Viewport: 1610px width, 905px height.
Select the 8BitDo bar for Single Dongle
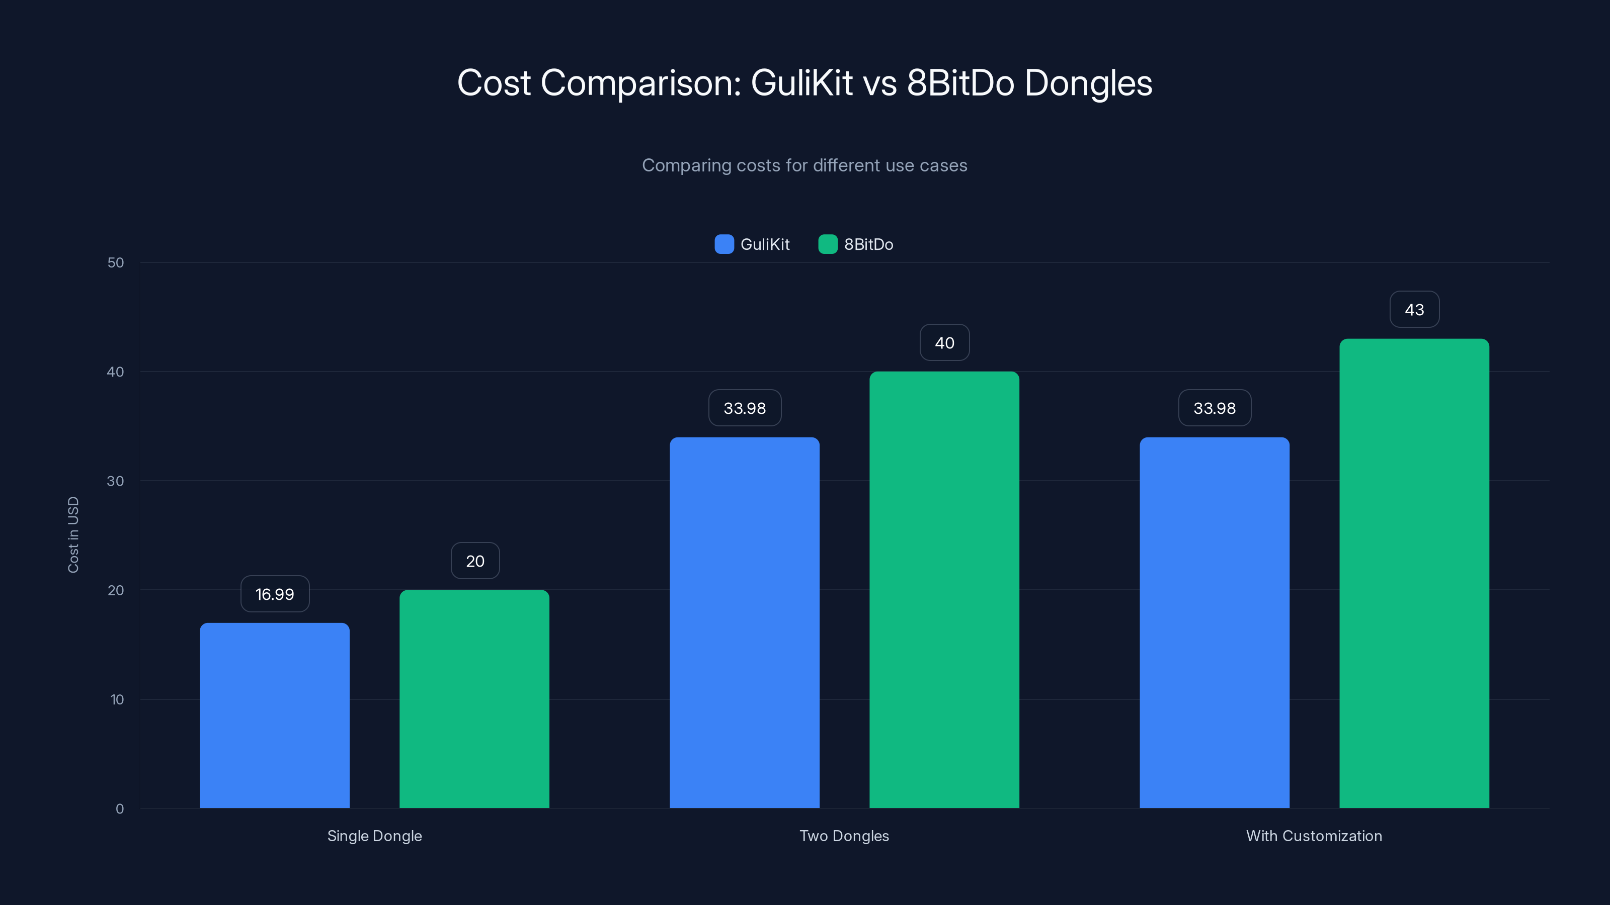pyautogui.click(x=474, y=699)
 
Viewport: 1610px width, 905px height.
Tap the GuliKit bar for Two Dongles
pyautogui.click(x=745, y=623)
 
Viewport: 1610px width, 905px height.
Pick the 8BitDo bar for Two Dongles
pyautogui.click(x=944, y=590)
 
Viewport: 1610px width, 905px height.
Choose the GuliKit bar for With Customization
pyautogui.click(x=1215, y=623)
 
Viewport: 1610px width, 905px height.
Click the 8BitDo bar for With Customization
pyautogui.click(x=1414, y=573)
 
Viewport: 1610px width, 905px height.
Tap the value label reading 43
pyautogui.click(x=1414, y=310)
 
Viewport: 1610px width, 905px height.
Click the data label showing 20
pyautogui.click(x=475, y=561)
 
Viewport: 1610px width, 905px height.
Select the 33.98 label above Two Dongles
pyautogui.click(x=745, y=408)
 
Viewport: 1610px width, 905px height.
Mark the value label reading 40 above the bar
pyautogui.click(x=944, y=343)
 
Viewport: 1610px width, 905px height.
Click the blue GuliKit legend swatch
pyautogui.click(x=724, y=244)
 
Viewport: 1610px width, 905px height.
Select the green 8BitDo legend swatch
pyautogui.click(x=828, y=244)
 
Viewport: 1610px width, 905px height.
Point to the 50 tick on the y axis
pyautogui.click(x=116, y=263)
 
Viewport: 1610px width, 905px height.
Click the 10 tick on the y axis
pyautogui.click(x=117, y=699)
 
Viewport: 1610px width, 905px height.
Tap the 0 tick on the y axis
pyautogui.click(x=119, y=809)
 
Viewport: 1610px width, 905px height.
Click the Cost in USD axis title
pyautogui.click(x=73, y=534)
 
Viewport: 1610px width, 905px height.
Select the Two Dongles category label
pyautogui.click(x=844, y=836)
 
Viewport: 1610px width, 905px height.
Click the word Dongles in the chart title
pyautogui.click(x=1088, y=83)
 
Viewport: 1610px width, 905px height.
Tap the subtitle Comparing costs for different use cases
pyautogui.click(x=804, y=165)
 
